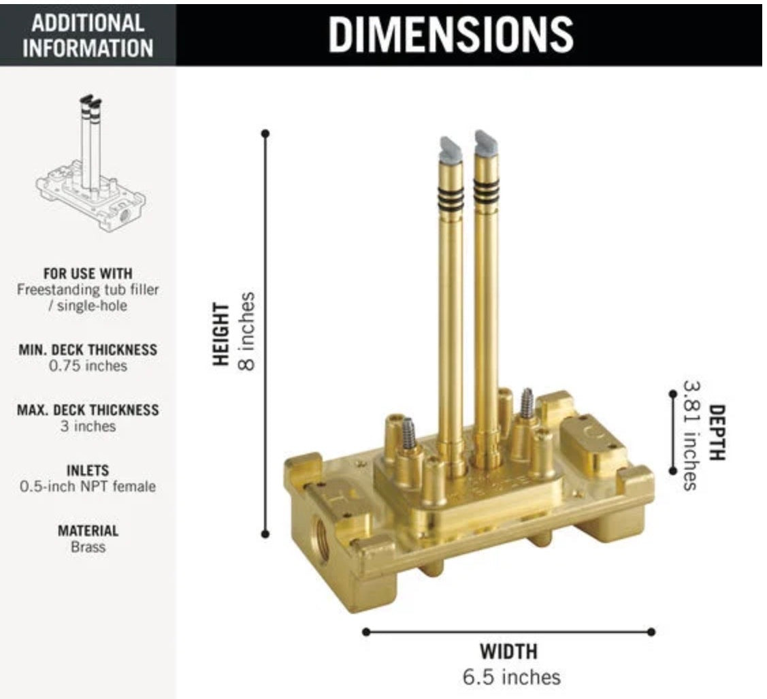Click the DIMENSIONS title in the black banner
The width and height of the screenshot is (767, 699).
pos(451,34)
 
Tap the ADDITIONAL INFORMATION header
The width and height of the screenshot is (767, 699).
pos(88,35)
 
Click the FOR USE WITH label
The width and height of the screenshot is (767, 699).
pos(88,273)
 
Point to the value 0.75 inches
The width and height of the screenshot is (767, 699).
pos(88,365)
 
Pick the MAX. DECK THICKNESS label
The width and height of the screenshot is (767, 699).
pos(88,410)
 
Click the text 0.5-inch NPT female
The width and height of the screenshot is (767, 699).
pos(88,486)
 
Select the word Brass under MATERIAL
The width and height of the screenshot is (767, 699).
pos(88,547)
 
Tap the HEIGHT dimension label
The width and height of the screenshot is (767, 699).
pos(221,334)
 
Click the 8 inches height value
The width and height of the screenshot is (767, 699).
pos(247,331)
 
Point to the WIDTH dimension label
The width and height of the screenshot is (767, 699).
pos(508,651)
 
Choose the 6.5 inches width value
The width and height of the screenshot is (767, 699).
pos(512,677)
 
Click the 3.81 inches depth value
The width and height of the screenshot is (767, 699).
pos(691,436)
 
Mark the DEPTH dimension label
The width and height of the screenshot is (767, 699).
pos(717,432)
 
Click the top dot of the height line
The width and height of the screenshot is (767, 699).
pos(265,133)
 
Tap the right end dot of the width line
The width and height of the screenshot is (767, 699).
pos(651,632)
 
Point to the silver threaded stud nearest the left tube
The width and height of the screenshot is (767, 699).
pos(408,434)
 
